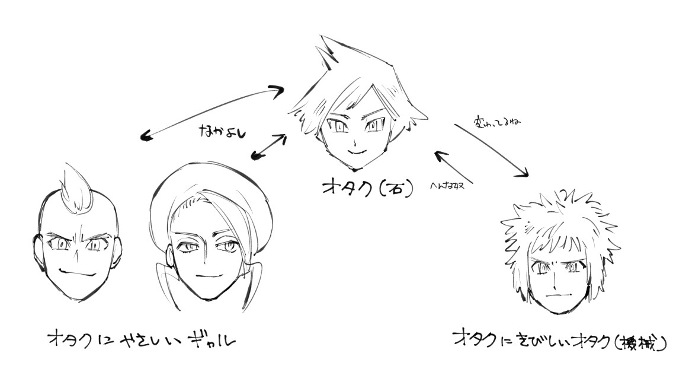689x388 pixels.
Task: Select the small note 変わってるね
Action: (498, 123)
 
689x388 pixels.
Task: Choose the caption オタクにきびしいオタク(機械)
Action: (559, 341)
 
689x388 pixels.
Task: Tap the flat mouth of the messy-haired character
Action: (556, 294)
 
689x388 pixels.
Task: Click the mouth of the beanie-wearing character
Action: (208, 276)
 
